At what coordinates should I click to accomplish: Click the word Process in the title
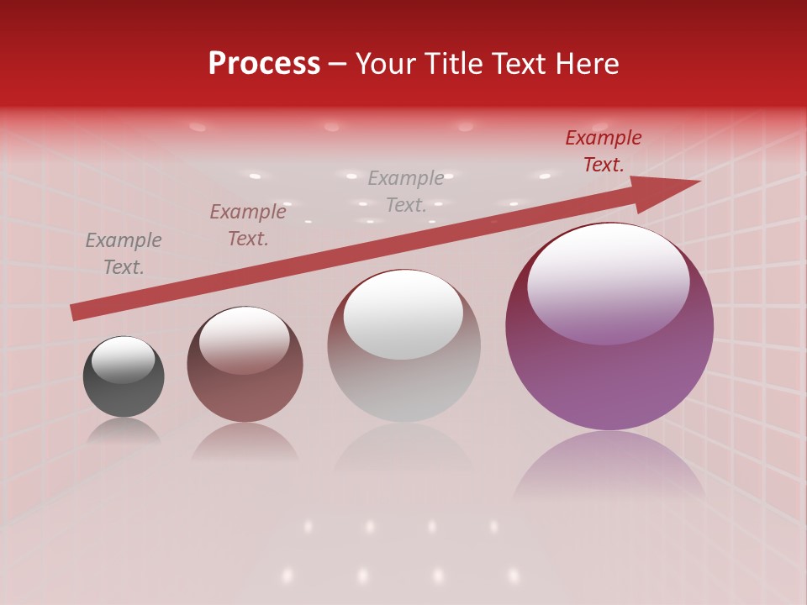pos(264,64)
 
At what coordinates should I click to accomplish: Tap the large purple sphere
pos(609,370)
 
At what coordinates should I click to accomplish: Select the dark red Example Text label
pos(604,151)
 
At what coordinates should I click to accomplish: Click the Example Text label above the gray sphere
pos(406,191)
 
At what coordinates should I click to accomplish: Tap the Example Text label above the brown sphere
pos(248,225)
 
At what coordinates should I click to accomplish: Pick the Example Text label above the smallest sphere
pos(124,254)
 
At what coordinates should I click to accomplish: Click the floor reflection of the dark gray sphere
pos(124,431)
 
